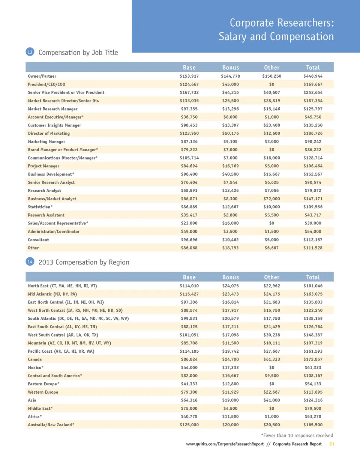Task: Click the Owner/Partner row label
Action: [42, 76]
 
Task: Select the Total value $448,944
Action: [313, 76]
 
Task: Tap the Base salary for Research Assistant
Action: [189, 215]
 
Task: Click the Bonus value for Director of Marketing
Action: [230, 134]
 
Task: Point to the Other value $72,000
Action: [271, 199]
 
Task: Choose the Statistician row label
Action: [40, 207]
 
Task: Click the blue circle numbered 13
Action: [30, 52]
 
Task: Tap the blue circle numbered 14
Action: [30, 262]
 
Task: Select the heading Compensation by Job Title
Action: [78, 53]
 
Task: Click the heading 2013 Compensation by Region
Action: [84, 262]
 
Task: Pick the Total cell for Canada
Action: [313, 359]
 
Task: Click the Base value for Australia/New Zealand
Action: [189, 425]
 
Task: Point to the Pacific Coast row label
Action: [61, 352]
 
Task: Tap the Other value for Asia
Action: [271, 400]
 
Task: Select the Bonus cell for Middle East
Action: [230, 409]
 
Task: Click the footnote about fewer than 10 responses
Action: [297, 436]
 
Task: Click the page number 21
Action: [331, 444]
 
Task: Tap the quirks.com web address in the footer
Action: [225, 444]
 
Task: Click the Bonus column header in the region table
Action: [230, 277]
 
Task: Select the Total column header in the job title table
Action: [313, 68]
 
